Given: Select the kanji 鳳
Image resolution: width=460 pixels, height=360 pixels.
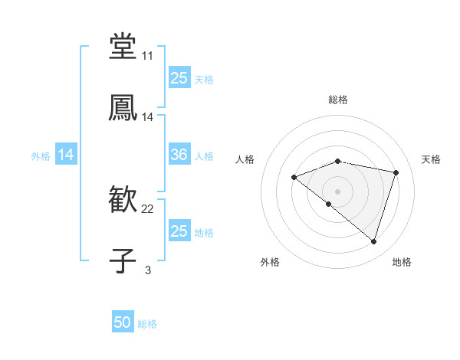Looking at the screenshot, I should coord(123,107).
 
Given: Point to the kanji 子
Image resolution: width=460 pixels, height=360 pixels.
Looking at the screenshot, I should coord(123,260).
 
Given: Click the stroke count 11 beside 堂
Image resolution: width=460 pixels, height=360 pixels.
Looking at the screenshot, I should coord(147,57).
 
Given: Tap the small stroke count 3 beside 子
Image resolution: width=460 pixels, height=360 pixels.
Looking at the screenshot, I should coord(147,270).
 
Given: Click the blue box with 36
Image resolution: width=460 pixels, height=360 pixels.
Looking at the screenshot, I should coord(179,155).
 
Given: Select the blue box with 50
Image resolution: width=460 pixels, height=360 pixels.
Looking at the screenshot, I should coord(123,323).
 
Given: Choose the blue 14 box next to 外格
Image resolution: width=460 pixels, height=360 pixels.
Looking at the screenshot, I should coord(66,155).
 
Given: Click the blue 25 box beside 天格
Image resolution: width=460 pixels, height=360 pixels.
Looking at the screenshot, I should coord(179,78).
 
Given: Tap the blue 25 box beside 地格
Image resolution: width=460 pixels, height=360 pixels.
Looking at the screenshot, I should coord(179,231).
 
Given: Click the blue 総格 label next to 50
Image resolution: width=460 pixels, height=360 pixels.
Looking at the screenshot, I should coord(147,324).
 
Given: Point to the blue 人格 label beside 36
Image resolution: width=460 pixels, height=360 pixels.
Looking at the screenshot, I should coord(204,156).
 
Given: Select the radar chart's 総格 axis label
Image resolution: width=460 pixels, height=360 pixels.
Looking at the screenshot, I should coord(338,100).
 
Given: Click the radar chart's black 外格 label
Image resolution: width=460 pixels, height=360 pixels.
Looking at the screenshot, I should coord(269,262).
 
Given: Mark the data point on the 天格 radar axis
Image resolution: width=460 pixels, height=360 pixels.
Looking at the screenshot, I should coord(396,172).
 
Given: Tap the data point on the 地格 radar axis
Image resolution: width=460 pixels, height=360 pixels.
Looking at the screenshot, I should coord(373,242).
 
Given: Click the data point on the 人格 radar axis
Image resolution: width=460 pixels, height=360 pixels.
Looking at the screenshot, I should coord(294,178).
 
